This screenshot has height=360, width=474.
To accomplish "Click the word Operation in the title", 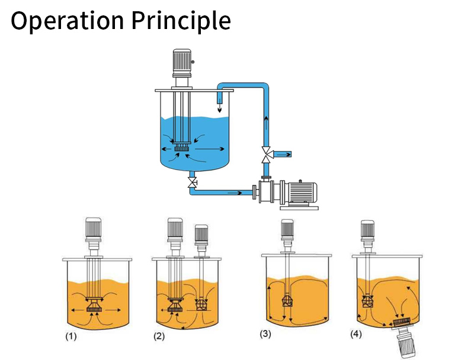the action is [67, 21].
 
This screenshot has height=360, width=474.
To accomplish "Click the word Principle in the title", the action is [181, 21].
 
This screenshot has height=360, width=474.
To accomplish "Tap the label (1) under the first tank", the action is [71, 336].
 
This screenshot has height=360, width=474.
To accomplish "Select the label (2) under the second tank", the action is [159, 336].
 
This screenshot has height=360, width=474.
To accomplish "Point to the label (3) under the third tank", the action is [265, 334].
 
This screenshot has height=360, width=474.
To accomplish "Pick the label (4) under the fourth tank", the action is [356, 334].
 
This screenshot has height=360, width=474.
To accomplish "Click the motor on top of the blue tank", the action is [182, 63].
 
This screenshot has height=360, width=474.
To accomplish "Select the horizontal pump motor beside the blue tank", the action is [299, 193].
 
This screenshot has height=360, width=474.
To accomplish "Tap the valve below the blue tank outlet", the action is [192, 183].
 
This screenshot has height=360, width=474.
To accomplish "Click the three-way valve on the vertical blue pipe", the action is [266, 155].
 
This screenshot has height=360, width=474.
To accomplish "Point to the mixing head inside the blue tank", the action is [182, 147].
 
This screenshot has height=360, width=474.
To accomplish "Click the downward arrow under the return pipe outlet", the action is [219, 108].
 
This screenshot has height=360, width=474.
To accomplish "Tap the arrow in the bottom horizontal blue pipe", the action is [235, 192].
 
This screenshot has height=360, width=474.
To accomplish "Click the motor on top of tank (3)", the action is [287, 232].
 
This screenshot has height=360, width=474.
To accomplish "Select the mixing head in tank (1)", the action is [94, 305].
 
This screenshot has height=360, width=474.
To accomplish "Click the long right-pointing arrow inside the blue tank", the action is [210, 149].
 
